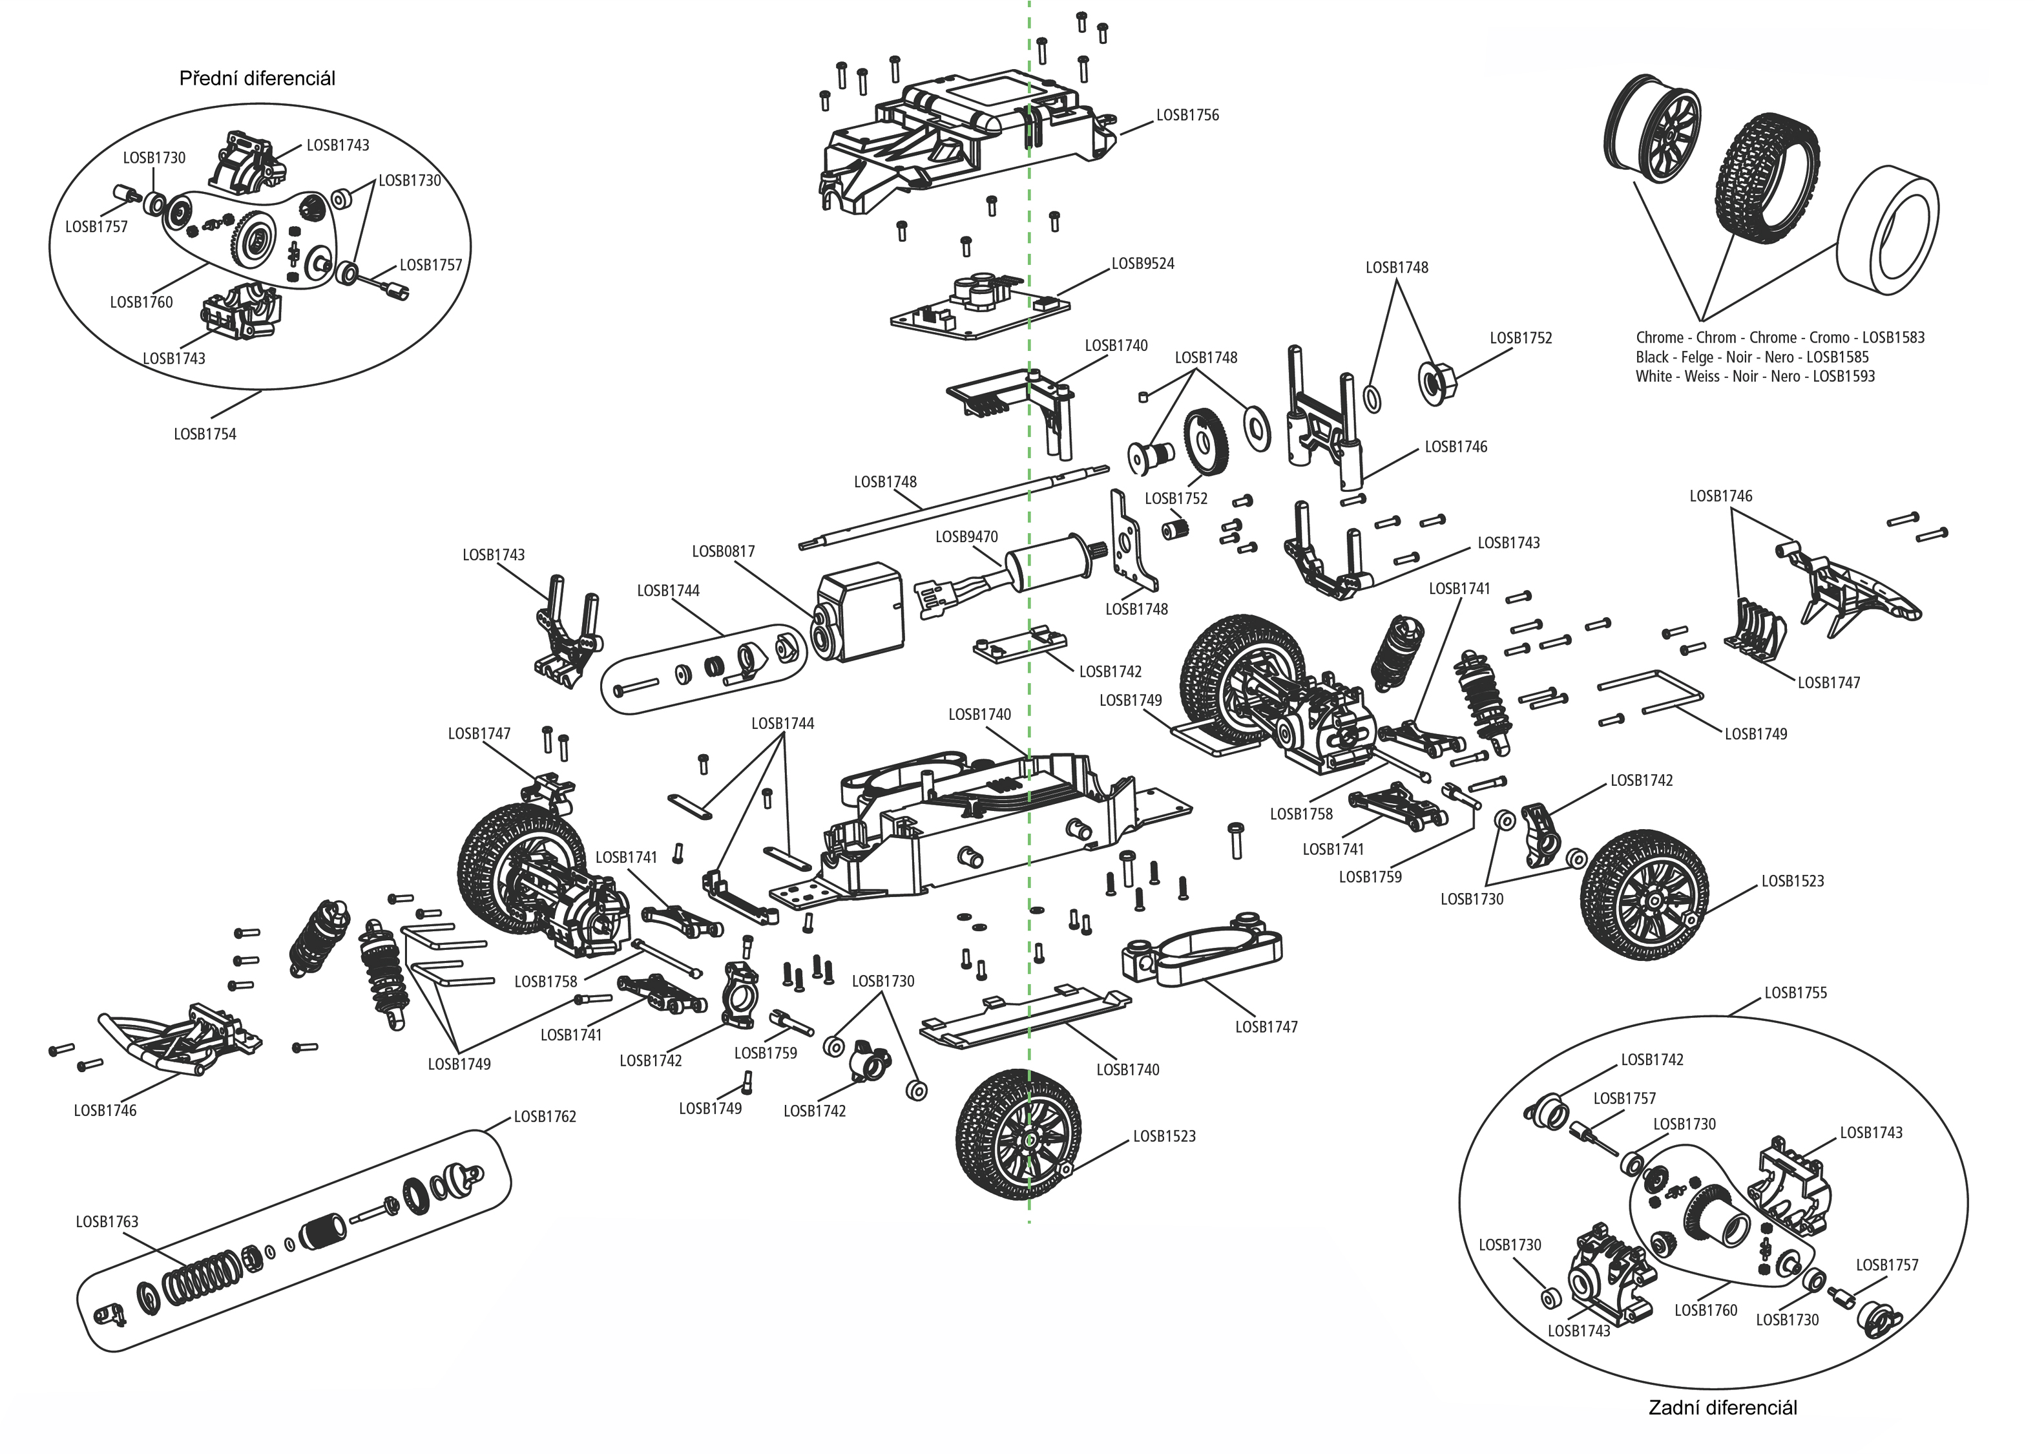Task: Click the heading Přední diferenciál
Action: point(257,79)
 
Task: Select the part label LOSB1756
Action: point(1187,116)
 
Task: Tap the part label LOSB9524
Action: point(1142,264)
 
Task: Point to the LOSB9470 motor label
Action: point(966,537)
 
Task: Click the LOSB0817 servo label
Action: point(723,551)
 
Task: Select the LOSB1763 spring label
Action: point(107,1221)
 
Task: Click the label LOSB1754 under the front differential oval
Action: point(205,434)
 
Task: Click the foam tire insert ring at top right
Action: point(1888,231)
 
